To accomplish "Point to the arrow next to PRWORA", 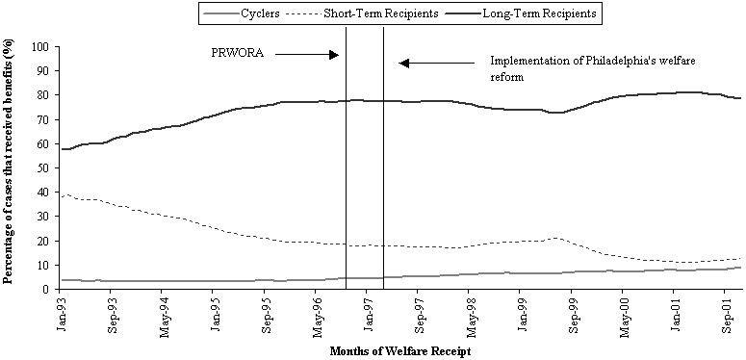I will pos(307,55).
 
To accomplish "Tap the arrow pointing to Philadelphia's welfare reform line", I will pos(437,64).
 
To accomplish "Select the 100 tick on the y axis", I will pos(40,47).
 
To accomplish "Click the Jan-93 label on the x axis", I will pos(63,314).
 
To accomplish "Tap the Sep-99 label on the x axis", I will pos(574,314).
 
